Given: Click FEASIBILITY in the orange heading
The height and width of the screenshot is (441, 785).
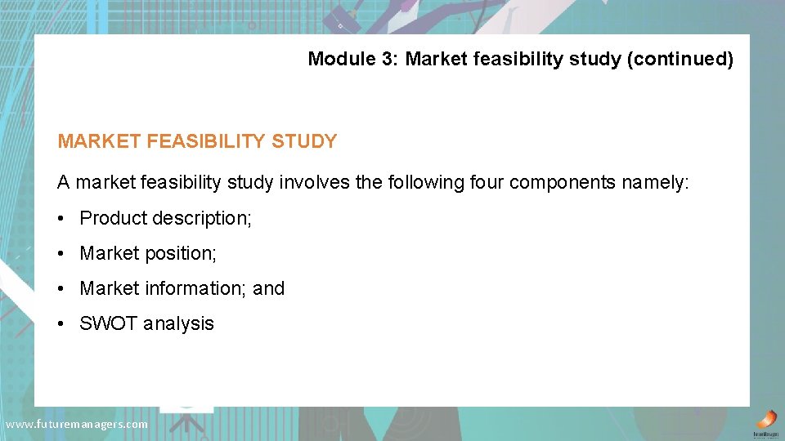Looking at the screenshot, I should click(207, 141).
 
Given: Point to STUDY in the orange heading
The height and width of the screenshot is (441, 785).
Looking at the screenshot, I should click(303, 141).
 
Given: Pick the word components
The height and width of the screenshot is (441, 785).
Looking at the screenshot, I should click(563, 182).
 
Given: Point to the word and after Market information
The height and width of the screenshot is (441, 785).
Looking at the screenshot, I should click(269, 288).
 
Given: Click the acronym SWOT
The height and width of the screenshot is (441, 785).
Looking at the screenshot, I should click(109, 323).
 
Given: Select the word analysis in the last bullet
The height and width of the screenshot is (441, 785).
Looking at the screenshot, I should click(178, 323).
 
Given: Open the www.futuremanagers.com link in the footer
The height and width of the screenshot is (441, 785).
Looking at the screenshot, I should click(77, 424).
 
